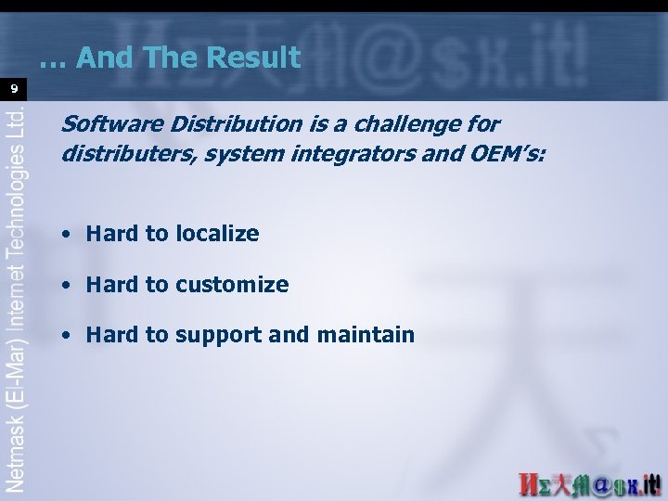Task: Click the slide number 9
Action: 14,89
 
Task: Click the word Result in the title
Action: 254,58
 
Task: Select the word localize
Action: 215,234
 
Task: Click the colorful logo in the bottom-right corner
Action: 589,484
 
